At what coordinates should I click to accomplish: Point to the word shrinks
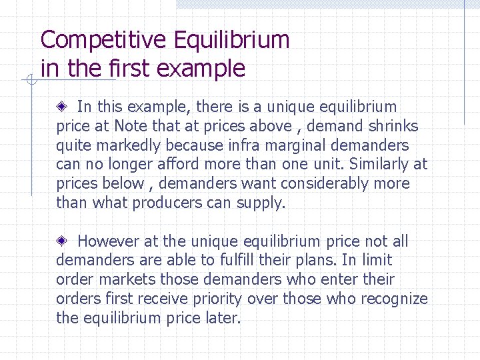tap(391, 126)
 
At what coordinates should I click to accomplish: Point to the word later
tap(222, 318)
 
